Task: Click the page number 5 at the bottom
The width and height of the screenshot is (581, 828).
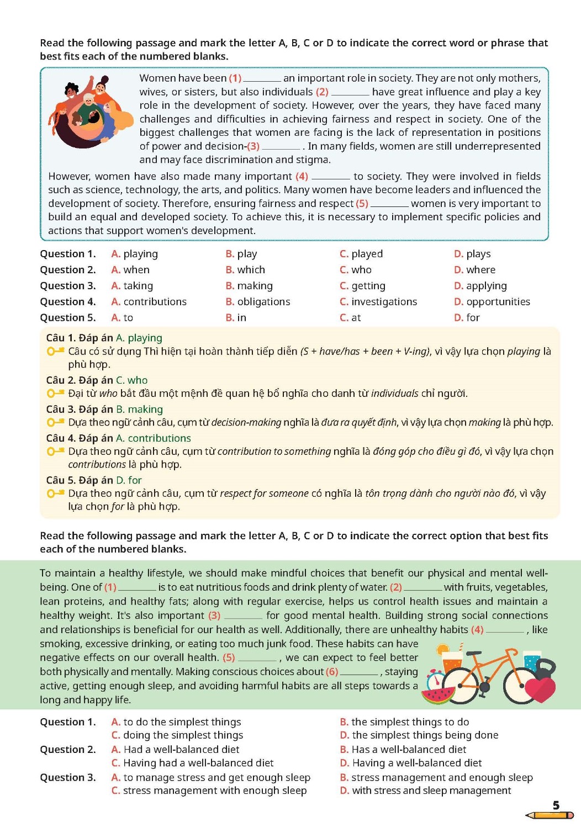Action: point(556,805)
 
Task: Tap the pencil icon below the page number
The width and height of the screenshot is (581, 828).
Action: point(550,815)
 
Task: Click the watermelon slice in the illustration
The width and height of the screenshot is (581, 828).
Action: point(436,694)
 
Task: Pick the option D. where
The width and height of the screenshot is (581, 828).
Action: point(474,270)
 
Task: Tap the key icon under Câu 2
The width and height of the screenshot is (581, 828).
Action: point(55,394)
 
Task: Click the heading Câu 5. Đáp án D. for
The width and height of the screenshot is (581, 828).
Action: point(94,480)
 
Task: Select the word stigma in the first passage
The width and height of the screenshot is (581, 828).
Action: point(313,160)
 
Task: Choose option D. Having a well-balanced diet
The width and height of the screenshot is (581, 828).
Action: point(411,763)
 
